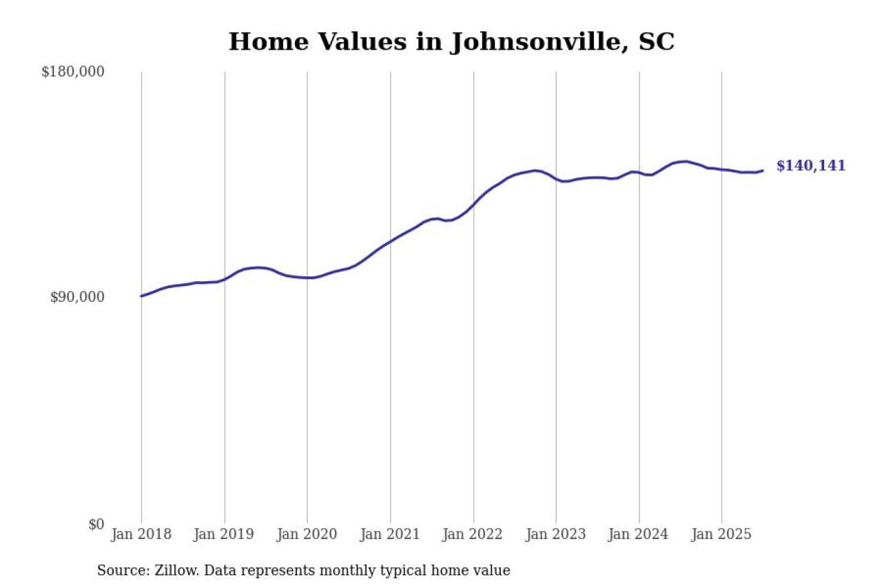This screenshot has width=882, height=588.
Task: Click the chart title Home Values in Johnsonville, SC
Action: (451, 42)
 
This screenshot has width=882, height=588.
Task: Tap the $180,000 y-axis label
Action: (73, 72)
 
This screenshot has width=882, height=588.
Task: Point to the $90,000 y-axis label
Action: (78, 297)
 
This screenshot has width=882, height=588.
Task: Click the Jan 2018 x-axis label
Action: (141, 535)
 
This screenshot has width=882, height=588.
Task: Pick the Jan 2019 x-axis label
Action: (225, 535)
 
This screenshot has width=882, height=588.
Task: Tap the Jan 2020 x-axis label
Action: (307, 535)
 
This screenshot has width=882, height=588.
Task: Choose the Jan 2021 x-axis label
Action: (391, 535)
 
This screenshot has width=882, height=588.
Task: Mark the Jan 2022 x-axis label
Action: (473, 535)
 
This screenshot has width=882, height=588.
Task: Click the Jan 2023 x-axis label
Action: (556, 535)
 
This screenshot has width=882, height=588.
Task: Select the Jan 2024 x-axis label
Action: (639, 535)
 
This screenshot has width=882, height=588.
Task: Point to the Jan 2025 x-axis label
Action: (722, 535)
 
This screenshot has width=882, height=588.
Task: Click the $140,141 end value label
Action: (810, 166)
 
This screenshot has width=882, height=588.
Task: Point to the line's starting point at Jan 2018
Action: (142, 296)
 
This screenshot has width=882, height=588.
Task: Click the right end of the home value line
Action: (762, 171)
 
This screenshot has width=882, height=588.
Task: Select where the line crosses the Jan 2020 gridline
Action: (307, 278)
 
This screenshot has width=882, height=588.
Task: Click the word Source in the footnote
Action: (118, 571)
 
